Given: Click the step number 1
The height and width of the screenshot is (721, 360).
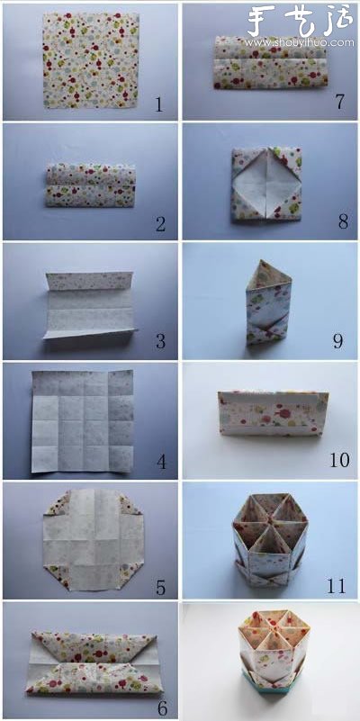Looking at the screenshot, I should coord(159,104).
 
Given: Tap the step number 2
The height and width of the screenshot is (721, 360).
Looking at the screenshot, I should coord(160,224).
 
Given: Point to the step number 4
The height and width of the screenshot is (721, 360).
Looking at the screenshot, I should coord(161,463).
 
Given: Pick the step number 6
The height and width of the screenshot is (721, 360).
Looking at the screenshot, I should coord(160,708).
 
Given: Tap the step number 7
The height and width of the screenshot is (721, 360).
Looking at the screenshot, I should coord(339,102).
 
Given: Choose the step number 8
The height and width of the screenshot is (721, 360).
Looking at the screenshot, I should coord(338,221).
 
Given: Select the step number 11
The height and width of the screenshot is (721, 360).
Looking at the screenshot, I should coord(336,586).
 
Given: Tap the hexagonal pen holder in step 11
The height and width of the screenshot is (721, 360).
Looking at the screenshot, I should coord(269,540).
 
